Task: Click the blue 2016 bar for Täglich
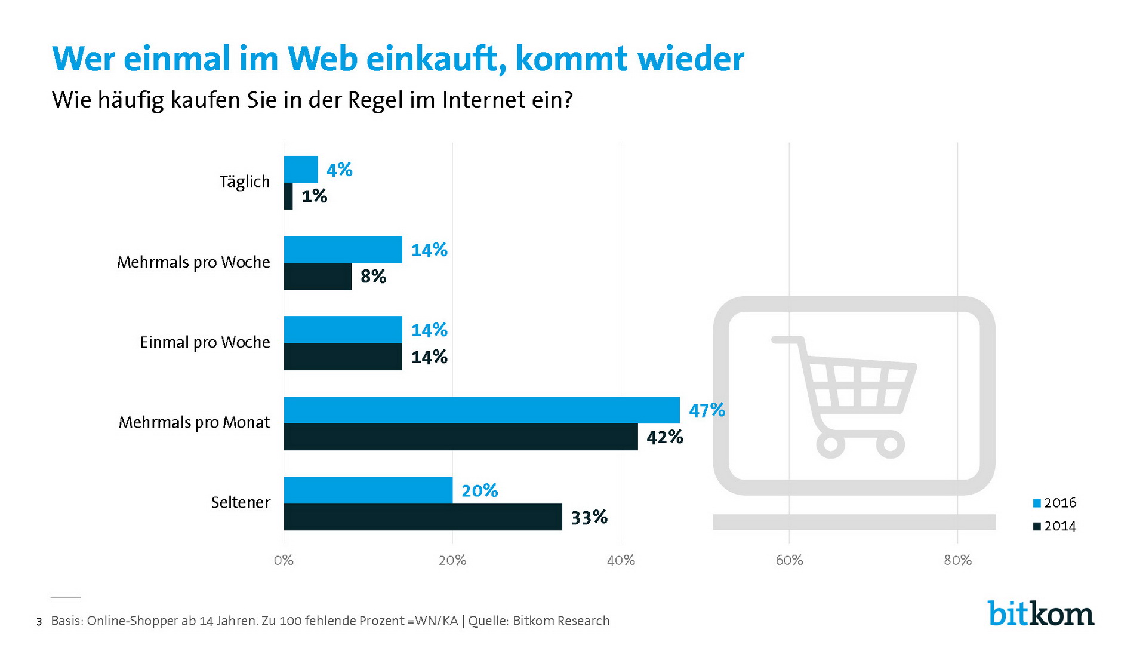[x=301, y=170]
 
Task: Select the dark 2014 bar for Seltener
[x=423, y=517]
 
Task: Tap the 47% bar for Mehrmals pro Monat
[x=481, y=410]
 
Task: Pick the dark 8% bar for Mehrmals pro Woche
[x=318, y=277]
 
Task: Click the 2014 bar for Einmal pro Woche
[x=343, y=357]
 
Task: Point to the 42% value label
[x=664, y=437]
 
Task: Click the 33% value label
[x=589, y=517]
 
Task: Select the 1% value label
[x=314, y=196]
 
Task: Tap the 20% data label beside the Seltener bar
[x=479, y=490]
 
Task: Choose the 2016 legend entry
[x=1055, y=503]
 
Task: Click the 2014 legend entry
[x=1055, y=526]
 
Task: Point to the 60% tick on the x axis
[x=789, y=560]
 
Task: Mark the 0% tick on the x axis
[x=284, y=560]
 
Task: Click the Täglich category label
[x=244, y=182]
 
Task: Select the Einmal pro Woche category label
[x=205, y=342]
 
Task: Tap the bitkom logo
[x=1041, y=613]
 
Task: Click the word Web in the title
[x=322, y=59]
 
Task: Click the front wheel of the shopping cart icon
[x=830, y=444]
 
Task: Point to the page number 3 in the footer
[x=39, y=622]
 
